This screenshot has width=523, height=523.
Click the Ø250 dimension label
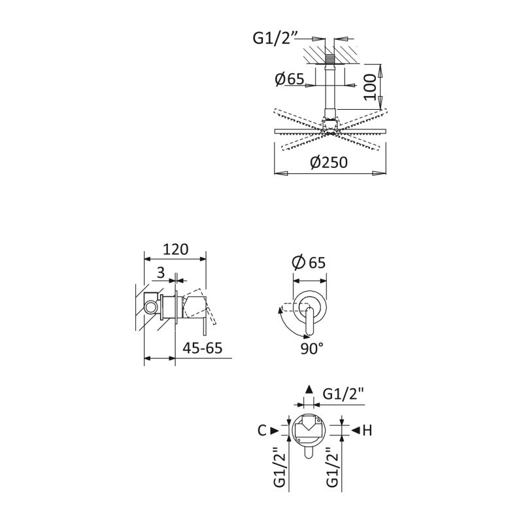(x=329, y=162)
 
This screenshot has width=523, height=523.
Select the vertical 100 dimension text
(x=370, y=87)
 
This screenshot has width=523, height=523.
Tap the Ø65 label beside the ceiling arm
(x=290, y=79)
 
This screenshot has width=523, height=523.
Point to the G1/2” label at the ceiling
(x=274, y=38)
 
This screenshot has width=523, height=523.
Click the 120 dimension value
(x=175, y=249)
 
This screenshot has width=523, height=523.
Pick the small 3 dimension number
(x=161, y=273)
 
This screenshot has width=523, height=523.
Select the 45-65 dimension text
(x=203, y=348)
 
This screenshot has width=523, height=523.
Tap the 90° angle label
(x=312, y=348)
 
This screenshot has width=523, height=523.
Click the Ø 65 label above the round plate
(x=309, y=262)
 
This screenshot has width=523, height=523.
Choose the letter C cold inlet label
(x=262, y=430)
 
